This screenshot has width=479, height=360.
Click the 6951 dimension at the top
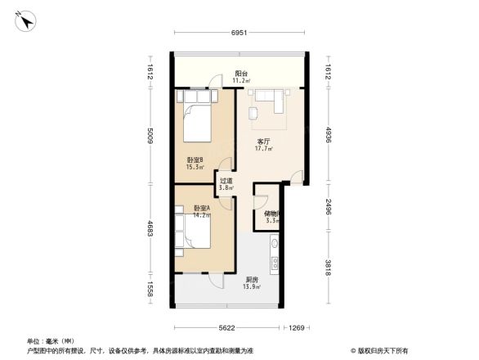[x=238, y=32]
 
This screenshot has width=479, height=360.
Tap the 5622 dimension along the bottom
[x=226, y=328]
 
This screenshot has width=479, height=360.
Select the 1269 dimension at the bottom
[x=295, y=328]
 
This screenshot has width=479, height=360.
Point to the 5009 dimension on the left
[x=151, y=137]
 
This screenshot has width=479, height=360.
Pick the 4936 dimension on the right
[x=328, y=135]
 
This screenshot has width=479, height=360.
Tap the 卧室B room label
[x=195, y=160]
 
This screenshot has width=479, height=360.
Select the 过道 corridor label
[x=226, y=181]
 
